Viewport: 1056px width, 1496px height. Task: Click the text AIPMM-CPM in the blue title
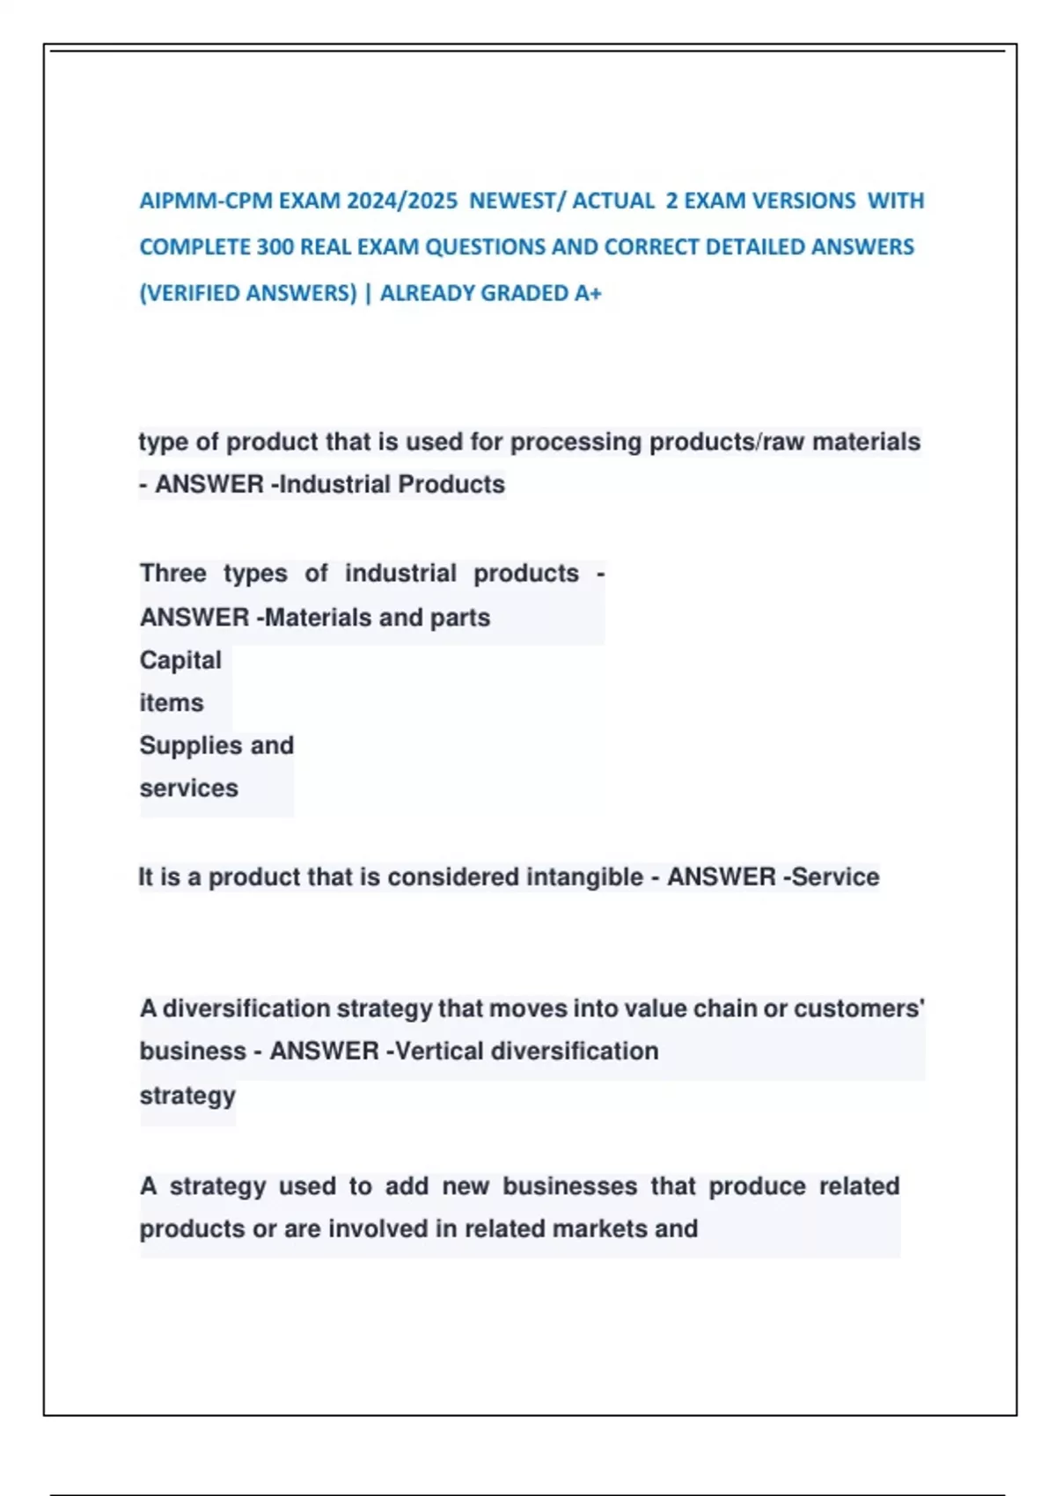tap(179, 202)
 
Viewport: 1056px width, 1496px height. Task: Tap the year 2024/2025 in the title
tap(402, 202)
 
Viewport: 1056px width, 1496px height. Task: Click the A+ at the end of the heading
tap(588, 293)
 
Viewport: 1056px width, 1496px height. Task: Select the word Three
tap(172, 574)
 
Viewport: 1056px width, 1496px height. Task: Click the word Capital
tap(180, 661)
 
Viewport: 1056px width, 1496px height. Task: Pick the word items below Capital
tap(172, 703)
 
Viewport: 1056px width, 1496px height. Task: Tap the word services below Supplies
tap(188, 788)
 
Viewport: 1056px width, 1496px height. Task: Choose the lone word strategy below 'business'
tap(187, 1096)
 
